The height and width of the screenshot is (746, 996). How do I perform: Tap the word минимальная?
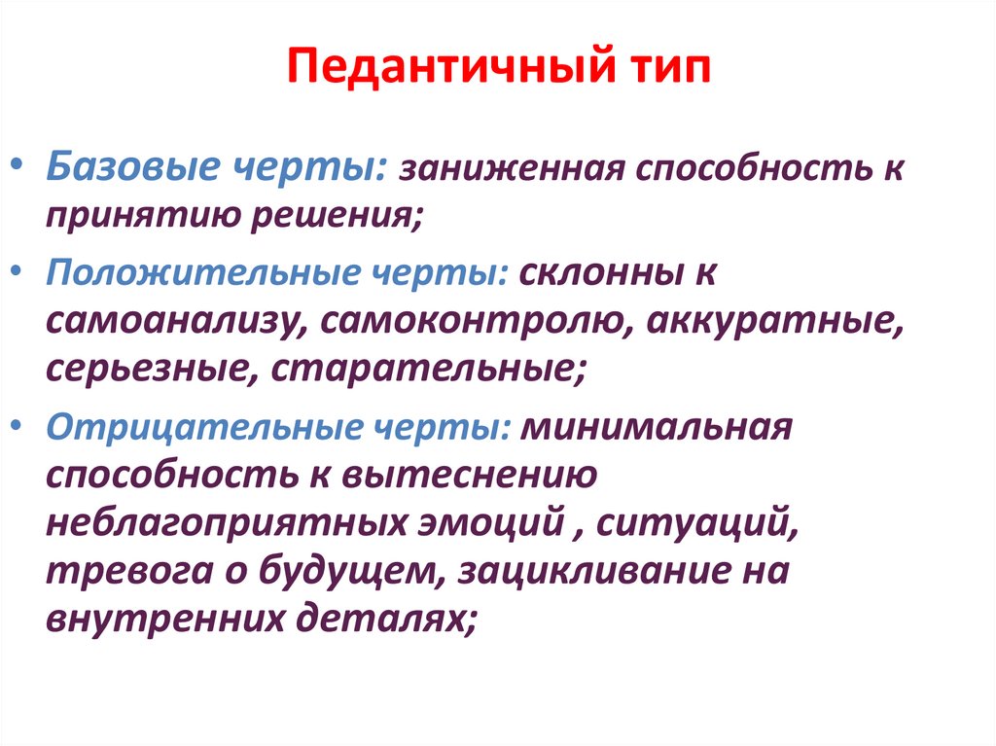pyautogui.click(x=658, y=428)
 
